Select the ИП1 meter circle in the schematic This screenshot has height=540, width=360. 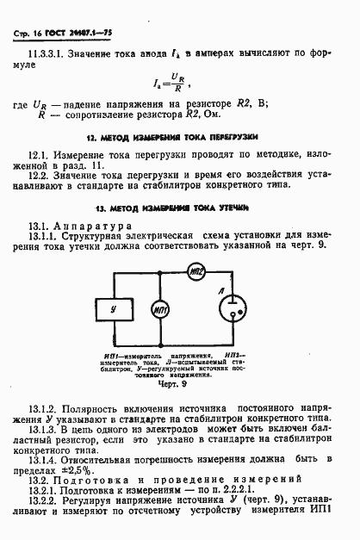coord(160,308)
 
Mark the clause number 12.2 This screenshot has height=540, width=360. coord(39,176)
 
